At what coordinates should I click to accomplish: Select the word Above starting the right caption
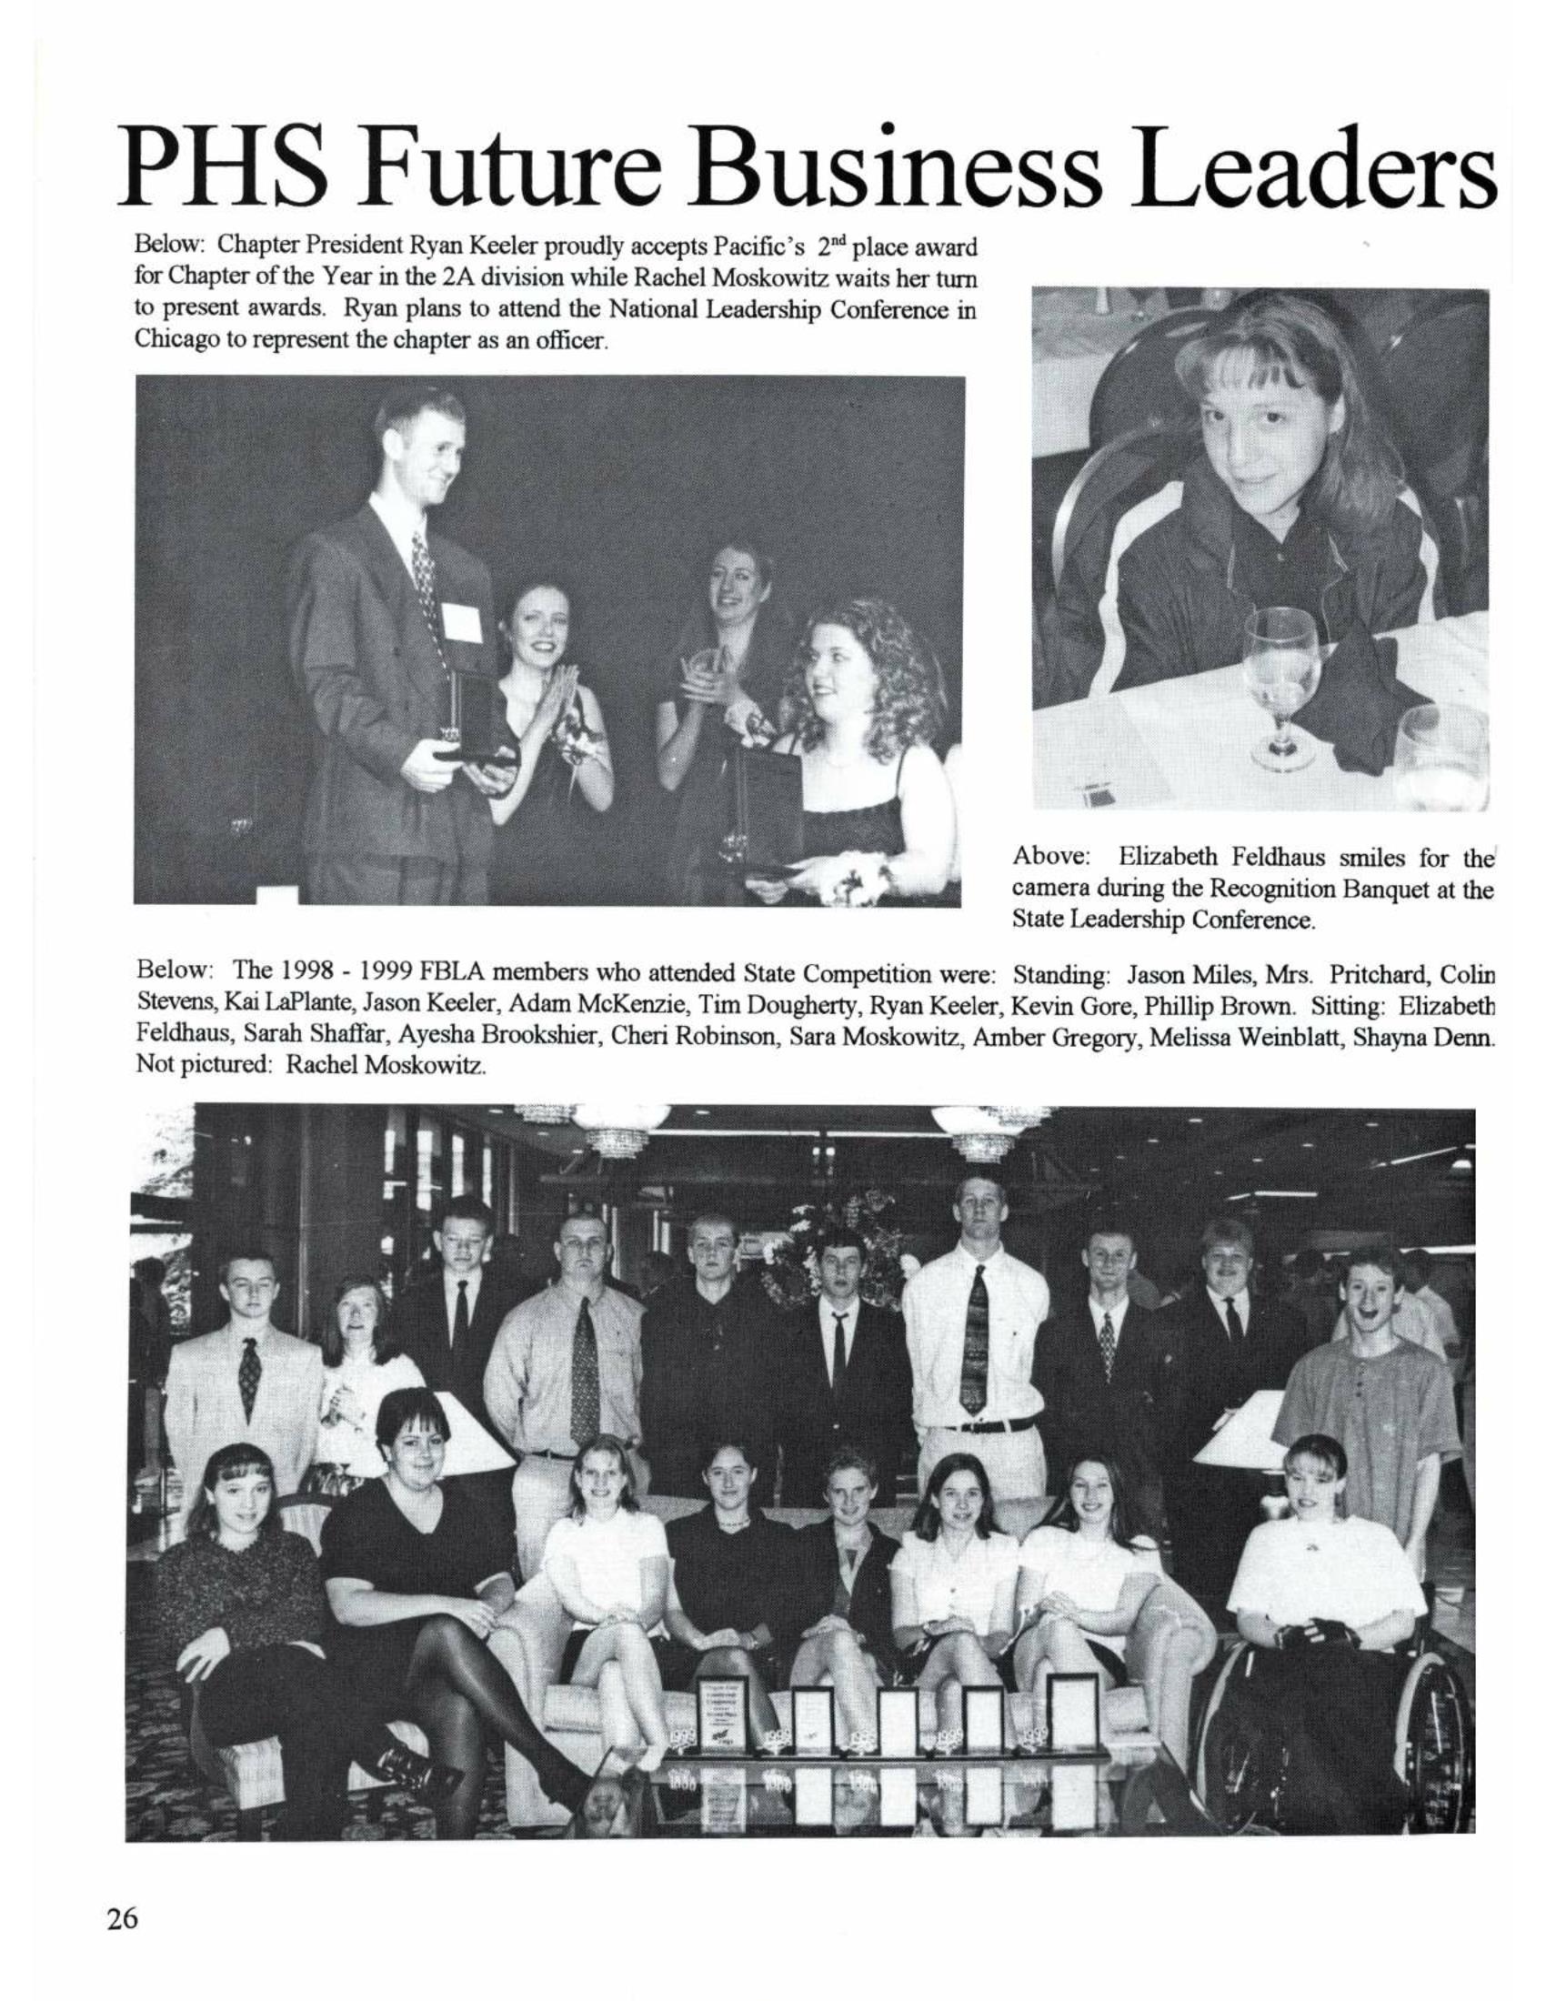pyautogui.click(x=1050, y=858)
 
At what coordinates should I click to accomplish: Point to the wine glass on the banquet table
pyautogui.click(x=1281, y=687)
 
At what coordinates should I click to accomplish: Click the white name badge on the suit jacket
pyautogui.click(x=462, y=624)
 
